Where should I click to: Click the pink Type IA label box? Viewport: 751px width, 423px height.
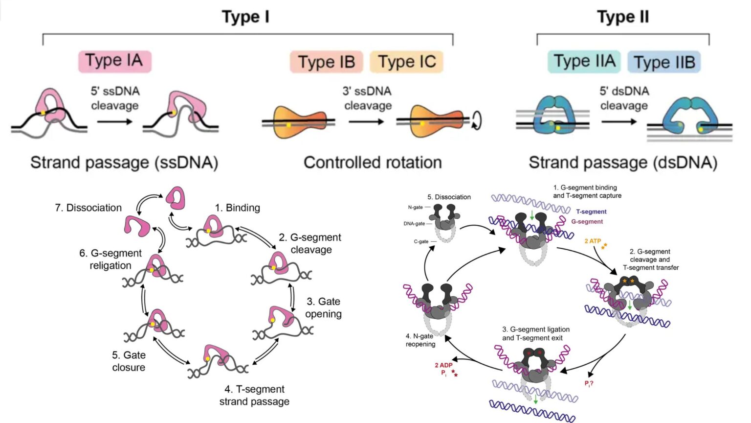point(114,61)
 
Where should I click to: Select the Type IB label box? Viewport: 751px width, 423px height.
point(326,62)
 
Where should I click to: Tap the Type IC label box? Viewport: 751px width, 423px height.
point(406,62)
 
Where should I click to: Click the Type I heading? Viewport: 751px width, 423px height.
point(245,17)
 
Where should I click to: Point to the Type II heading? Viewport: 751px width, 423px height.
point(622,17)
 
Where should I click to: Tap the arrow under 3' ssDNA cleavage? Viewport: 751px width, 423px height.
point(366,121)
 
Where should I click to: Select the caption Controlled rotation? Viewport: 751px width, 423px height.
point(373,163)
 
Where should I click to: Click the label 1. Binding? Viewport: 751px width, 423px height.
point(238,208)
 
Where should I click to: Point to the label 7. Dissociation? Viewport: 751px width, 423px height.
point(88,208)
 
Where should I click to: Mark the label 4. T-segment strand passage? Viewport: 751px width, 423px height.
point(254,395)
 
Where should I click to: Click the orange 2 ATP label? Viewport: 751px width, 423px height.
point(593,241)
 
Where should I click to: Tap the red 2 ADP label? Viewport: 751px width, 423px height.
point(443,365)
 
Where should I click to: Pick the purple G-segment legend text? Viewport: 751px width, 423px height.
point(587,222)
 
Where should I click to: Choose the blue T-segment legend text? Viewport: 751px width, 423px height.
point(591,212)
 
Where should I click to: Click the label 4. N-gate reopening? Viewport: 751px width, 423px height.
point(420,340)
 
